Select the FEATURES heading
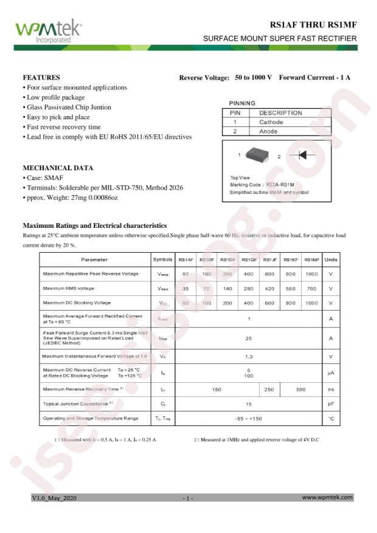click(41, 78)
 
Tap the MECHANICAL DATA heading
click(58, 168)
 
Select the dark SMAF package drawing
click(259, 156)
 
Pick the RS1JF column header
click(270, 260)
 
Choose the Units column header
click(331, 260)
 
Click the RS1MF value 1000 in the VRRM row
click(311, 274)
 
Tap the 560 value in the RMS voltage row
click(291, 288)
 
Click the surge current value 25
click(248, 339)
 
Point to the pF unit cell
click(331, 404)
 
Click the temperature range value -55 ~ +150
click(248, 418)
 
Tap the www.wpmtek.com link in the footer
click(327, 497)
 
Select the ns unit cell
click(331, 389)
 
